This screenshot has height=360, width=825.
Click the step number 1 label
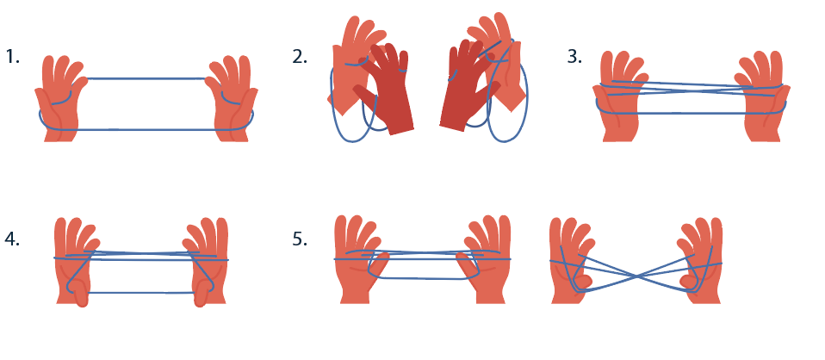click(13, 56)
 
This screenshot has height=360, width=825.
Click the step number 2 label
click(300, 56)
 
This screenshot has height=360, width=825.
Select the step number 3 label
click(574, 56)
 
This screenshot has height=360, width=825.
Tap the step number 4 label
click(12, 239)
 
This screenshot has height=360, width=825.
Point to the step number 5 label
click(300, 239)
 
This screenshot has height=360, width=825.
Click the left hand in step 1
click(59, 100)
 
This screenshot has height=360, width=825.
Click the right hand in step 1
click(232, 100)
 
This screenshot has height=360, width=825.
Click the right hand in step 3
click(763, 100)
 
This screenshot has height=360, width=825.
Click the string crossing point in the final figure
click(636, 276)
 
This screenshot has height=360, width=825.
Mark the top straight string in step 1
click(146, 79)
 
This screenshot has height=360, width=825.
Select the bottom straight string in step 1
click(146, 129)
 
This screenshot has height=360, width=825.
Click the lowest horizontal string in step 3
click(692, 113)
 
